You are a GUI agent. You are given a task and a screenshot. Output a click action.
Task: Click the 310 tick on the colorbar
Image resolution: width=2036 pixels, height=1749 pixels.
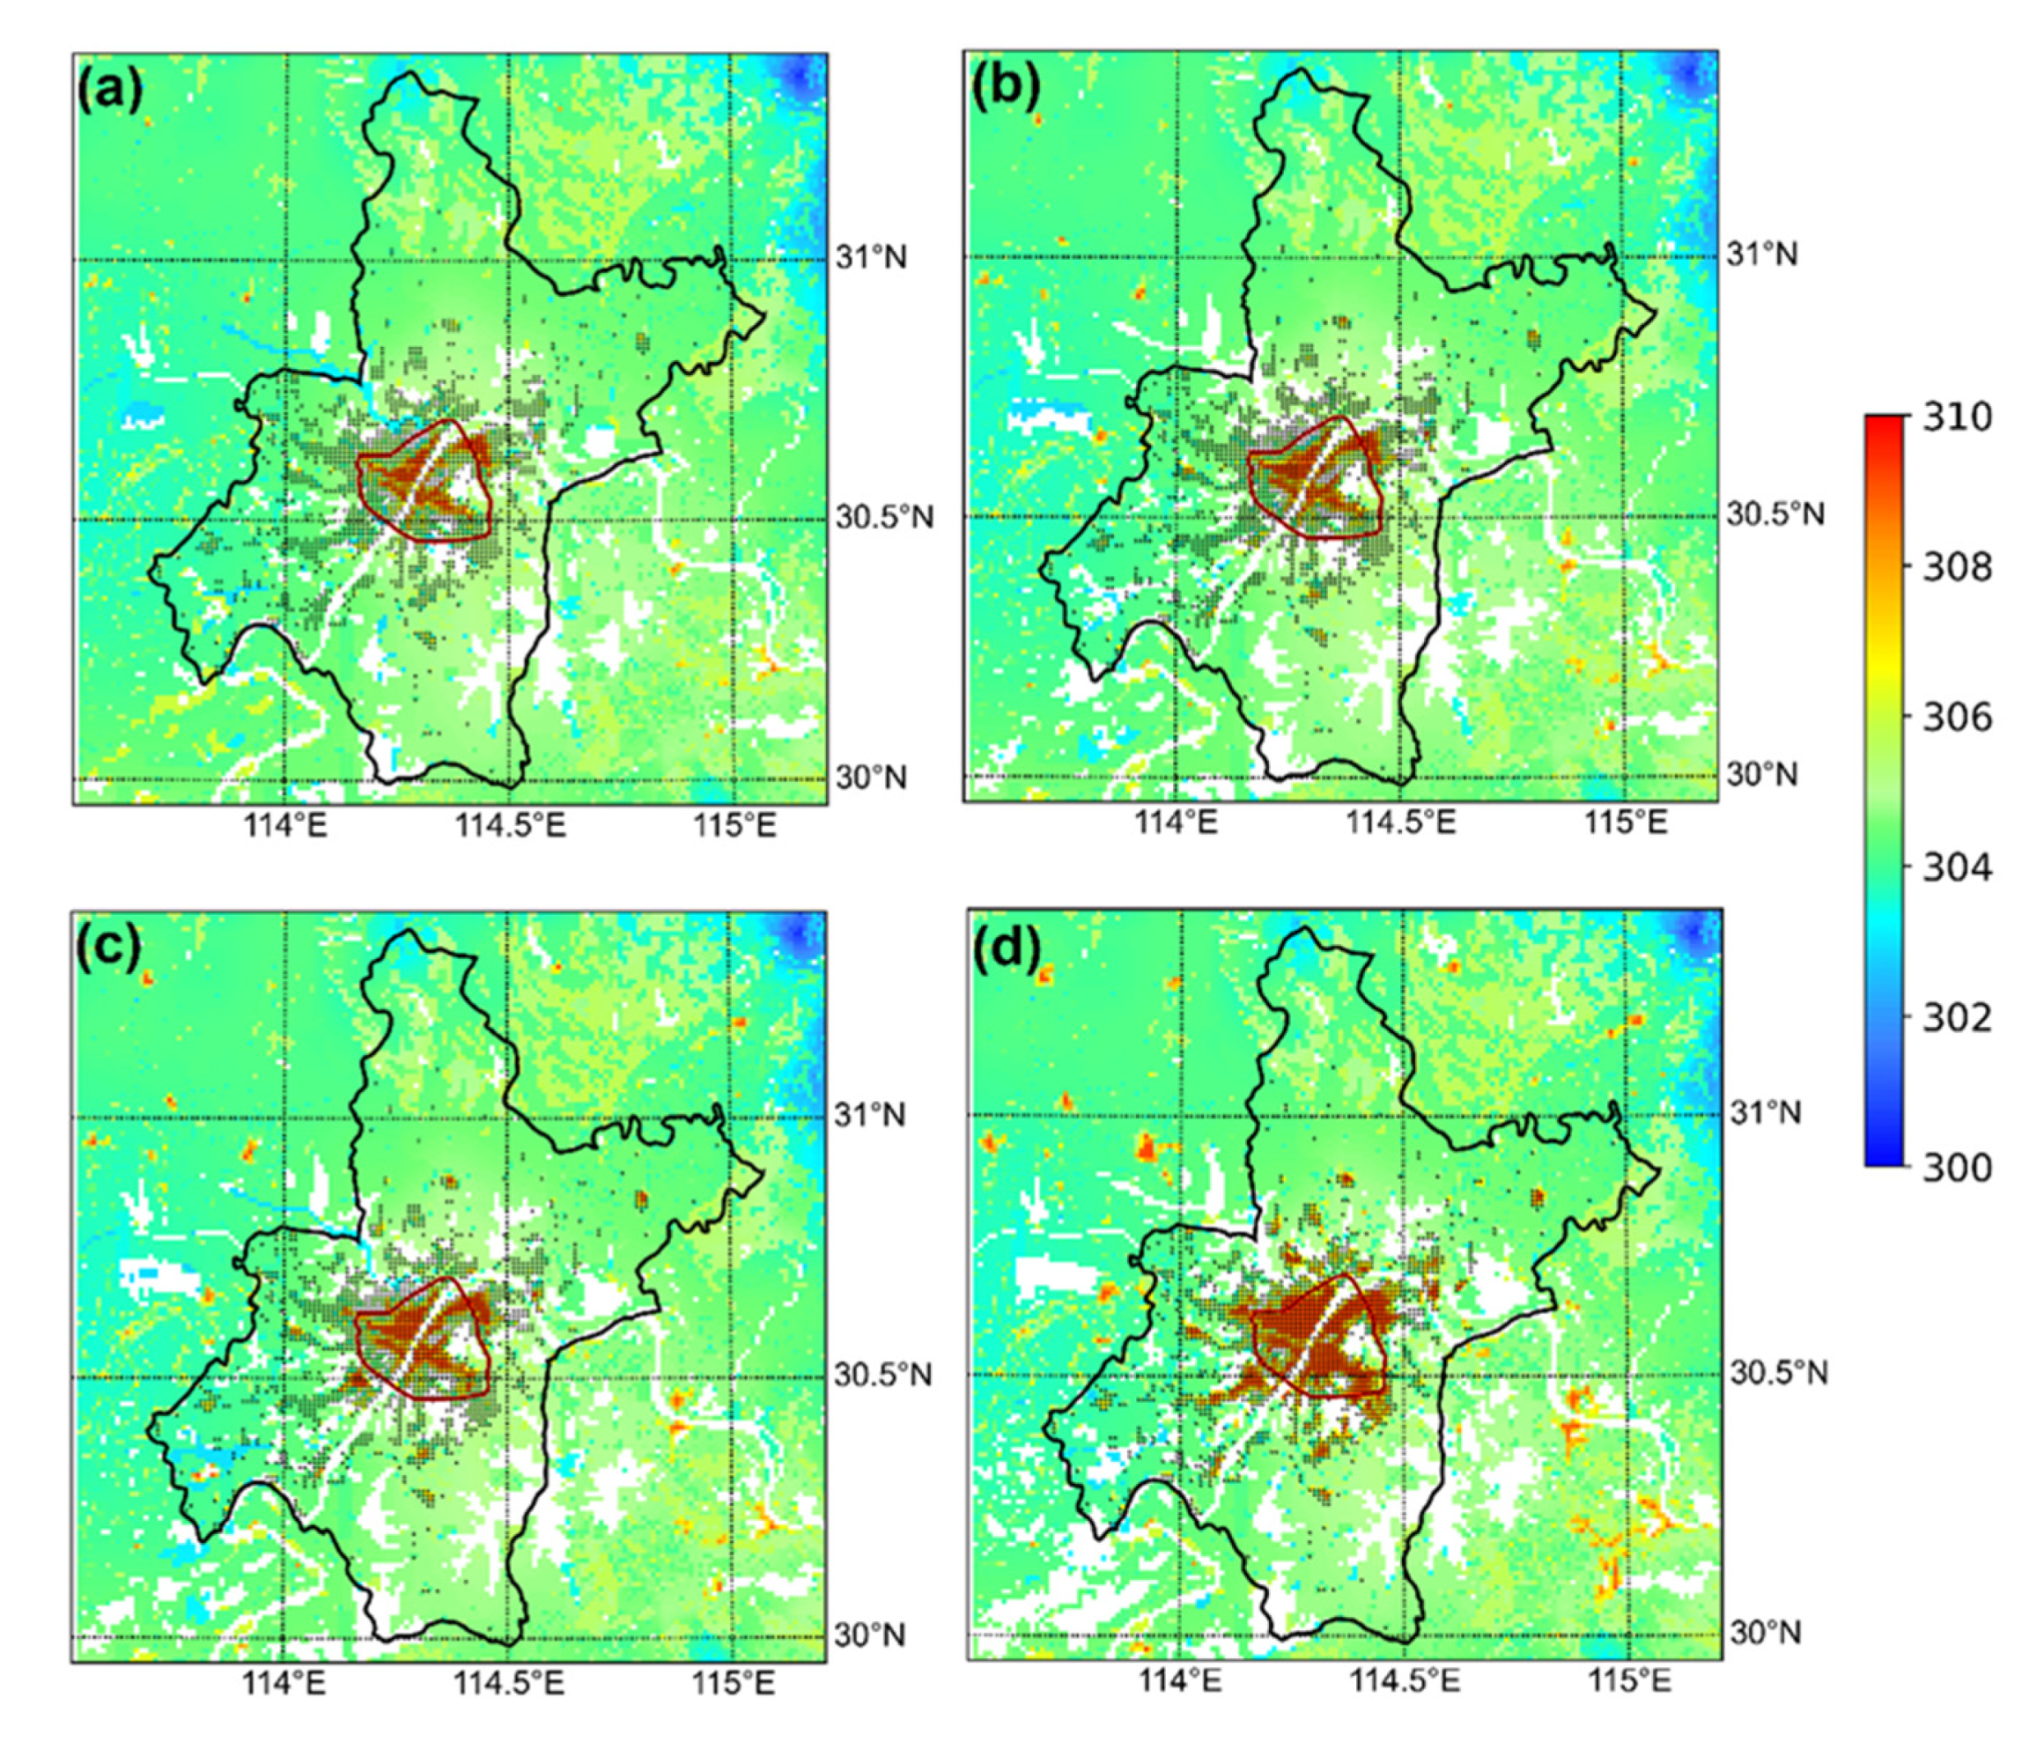tap(1956, 417)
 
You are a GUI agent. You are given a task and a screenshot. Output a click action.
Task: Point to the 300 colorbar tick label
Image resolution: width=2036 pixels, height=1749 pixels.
tap(1956, 1167)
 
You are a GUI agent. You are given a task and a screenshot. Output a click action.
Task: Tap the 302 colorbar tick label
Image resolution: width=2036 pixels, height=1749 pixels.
tap(1956, 1017)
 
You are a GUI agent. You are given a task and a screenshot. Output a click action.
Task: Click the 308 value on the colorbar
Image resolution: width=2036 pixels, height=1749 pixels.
tap(1956, 567)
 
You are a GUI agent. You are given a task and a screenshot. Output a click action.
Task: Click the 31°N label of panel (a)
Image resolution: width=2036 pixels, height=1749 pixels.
tap(872, 258)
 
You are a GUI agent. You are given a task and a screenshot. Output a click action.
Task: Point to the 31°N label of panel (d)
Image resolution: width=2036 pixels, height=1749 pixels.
tap(1766, 1113)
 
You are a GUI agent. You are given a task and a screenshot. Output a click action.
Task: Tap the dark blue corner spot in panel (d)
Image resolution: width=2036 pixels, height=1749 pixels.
tap(1698, 929)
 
